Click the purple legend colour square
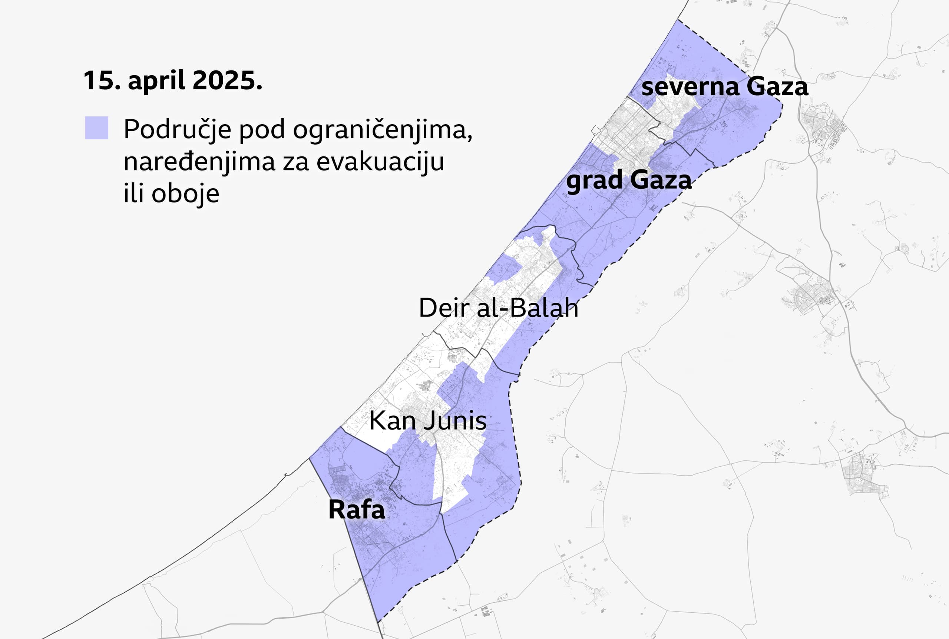(x=97, y=128)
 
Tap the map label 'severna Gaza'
(x=724, y=87)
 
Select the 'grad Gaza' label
(x=629, y=180)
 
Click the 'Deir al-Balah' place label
(x=498, y=308)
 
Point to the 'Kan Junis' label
(x=427, y=421)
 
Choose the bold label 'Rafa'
(x=357, y=509)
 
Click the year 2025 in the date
(x=226, y=80)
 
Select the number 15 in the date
(x=101, y=80)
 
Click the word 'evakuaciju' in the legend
(x=380, y=161)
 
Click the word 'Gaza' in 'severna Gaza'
(x=777, y=87)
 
